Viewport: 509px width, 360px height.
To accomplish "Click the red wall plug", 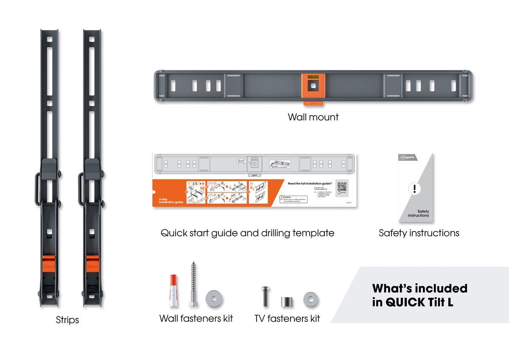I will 172,290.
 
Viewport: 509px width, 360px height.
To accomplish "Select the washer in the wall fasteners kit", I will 214,299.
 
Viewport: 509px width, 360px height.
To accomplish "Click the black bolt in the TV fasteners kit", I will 265,296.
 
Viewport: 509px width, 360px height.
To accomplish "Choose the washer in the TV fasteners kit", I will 310,300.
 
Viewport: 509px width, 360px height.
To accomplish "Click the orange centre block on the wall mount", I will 313,85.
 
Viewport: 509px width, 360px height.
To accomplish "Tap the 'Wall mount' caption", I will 313,117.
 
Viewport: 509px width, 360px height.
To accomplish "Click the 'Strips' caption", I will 67,320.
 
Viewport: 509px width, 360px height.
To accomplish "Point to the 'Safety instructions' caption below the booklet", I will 419,233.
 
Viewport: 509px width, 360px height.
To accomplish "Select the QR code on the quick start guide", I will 342,187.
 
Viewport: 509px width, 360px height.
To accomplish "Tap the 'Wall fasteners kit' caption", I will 196,318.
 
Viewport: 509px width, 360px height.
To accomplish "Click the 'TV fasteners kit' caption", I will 287,318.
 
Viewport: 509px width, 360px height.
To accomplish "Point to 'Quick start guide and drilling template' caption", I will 247,233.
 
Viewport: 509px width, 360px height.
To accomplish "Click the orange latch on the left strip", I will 49,265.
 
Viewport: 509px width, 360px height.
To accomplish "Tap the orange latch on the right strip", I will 92,265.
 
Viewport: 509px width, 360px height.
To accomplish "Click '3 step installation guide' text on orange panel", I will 171,200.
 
